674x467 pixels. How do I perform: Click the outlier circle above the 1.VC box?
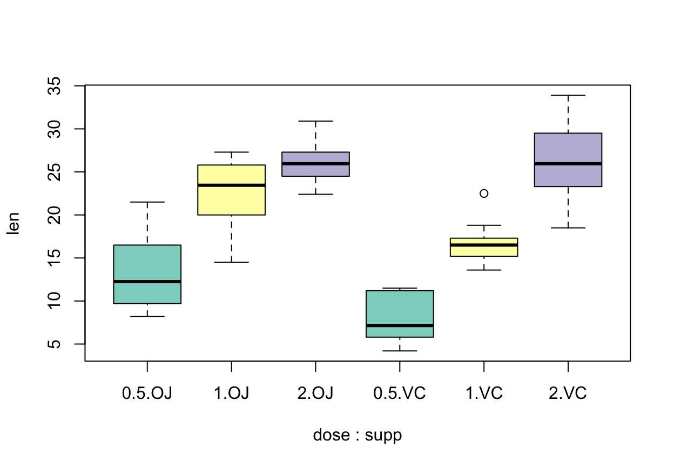484,194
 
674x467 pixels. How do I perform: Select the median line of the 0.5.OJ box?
147,282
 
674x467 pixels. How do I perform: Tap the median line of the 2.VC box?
568,164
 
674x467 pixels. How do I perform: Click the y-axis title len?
13,223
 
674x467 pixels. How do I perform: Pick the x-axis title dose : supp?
358,435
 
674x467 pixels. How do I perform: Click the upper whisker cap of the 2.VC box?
568,95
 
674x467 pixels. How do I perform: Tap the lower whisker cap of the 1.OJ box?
231,262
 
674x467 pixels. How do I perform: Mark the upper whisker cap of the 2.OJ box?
315,121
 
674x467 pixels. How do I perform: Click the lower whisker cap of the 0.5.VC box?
400,351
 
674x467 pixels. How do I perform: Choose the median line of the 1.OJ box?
231,185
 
